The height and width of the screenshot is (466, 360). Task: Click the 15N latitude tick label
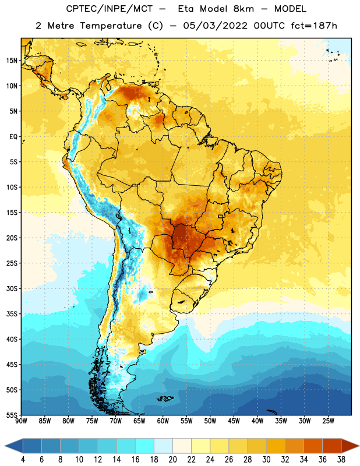click(x=12, y=61)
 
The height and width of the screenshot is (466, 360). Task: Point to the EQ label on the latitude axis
click(x=13, y=137)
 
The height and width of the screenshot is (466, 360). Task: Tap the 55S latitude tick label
click(x=12, y=415)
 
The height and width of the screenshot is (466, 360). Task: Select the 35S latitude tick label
click(x=12, y=314)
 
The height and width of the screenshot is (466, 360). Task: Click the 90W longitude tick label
click(x=21, y=421)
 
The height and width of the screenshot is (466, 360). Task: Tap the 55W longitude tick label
click(x=186, y=421)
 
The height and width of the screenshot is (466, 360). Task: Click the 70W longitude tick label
click(x=116, y=421)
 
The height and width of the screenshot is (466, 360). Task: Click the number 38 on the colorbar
click(x=341, y=460)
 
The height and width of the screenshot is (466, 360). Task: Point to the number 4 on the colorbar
click(x=23, y=460)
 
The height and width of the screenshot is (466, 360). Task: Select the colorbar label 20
click(x=172, y=460)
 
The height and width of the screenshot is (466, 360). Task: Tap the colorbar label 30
click(x=266, y=460)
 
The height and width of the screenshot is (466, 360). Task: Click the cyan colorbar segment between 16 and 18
click(x=145, y=446)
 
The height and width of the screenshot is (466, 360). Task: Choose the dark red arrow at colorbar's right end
click(x=350, y=446)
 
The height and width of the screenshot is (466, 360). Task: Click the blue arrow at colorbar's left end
click(x=13, y=446)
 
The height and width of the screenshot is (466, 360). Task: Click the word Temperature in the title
click(x=111, y=26)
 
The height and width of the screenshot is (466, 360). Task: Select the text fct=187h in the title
click(x=314, y=26)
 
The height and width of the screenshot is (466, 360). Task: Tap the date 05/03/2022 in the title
click(x=215, y=26)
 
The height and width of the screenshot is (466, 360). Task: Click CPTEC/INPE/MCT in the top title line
click(x=110, y=9)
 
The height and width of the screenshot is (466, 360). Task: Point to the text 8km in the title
click(x=243, y=9)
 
